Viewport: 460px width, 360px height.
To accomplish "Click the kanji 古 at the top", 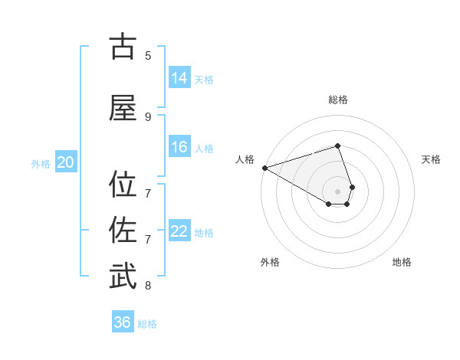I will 123,47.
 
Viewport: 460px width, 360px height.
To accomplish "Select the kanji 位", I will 123,185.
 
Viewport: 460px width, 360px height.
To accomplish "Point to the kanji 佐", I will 123,231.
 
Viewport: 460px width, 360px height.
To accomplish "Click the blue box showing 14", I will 179,78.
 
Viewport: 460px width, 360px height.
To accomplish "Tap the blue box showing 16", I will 179,147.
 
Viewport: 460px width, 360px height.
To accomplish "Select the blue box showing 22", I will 179,231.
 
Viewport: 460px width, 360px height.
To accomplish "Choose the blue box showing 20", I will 66,162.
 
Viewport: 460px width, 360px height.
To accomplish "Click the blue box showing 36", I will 123,322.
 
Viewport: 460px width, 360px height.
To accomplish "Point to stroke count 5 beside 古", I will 148,55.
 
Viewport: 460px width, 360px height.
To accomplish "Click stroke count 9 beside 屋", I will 148,116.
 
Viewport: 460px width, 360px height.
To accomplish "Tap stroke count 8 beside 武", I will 148,286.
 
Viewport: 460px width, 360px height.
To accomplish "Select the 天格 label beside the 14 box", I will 204,79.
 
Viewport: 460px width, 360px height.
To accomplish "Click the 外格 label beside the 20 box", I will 41,163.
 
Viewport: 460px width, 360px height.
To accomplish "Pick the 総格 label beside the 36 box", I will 147,324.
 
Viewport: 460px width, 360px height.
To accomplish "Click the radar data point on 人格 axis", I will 264,168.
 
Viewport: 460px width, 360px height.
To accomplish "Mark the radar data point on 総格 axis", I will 338,146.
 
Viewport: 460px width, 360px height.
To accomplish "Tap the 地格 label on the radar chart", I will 402,262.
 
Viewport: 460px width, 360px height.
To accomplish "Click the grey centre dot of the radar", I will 338,191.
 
